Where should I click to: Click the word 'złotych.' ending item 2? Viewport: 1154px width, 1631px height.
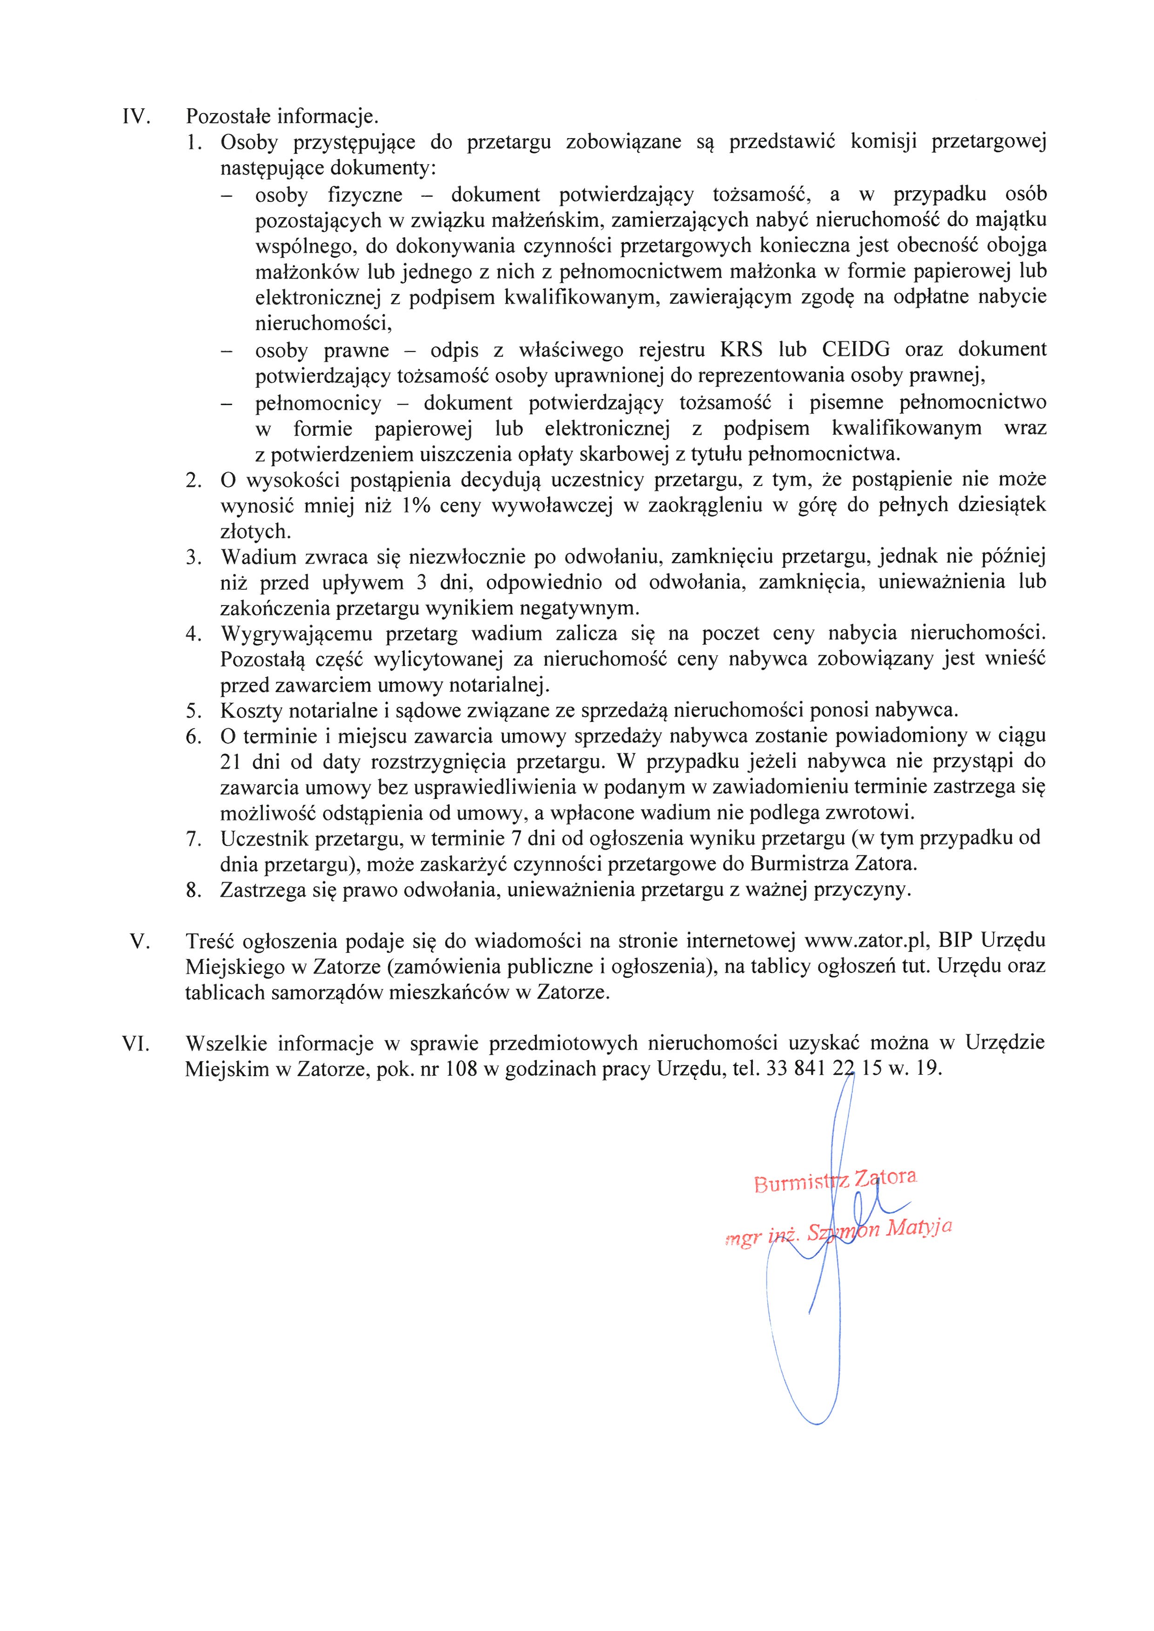click(x=246, y=532)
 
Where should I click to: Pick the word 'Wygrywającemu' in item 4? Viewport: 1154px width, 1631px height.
click(x=298, y=633)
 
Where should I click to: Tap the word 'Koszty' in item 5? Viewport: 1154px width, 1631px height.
click(x=252, y=710)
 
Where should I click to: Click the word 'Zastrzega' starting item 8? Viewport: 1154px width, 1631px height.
click(x=263, y=890)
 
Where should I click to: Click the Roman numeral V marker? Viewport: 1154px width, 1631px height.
click(x=140, y=941)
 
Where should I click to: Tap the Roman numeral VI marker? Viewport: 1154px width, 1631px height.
click(x=136, y=1044)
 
